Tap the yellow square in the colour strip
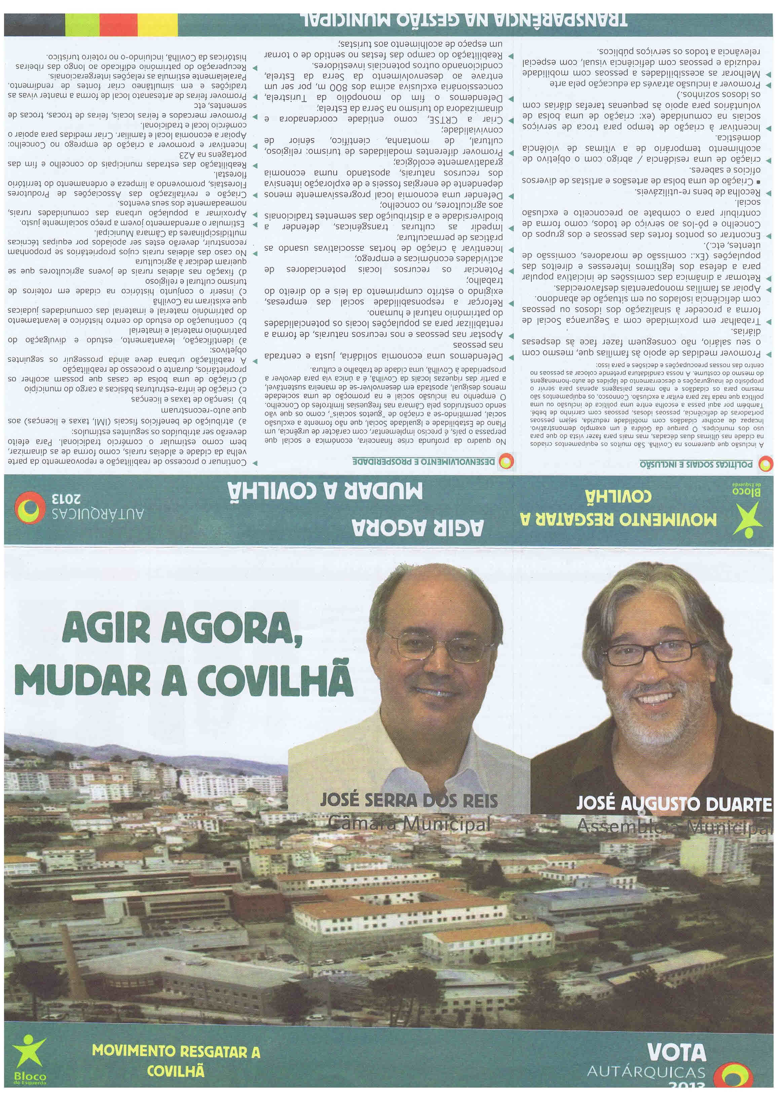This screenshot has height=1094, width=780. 157,25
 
